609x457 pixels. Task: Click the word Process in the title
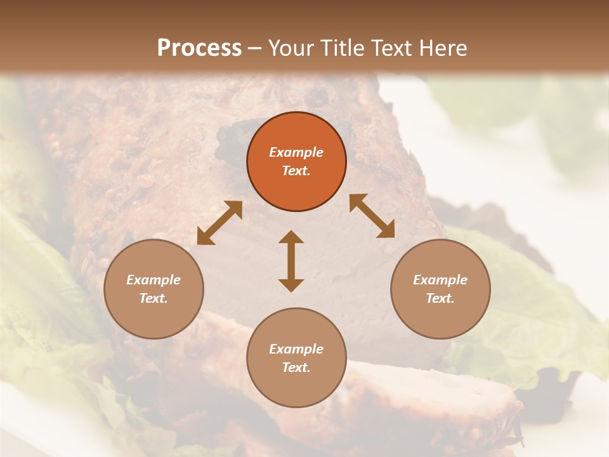point(199,48)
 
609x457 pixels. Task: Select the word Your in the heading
point(292,48)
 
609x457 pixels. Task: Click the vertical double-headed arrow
point(291,261)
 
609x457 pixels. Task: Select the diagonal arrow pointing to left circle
point(219,223)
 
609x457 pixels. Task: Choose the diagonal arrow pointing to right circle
point(372,216)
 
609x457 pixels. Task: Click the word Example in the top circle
point(296,152)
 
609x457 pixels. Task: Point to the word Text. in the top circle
point(296,171)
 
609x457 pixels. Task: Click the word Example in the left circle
point(154,280)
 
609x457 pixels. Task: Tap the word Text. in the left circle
point(154,298)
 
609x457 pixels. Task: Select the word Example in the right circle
point(440,280)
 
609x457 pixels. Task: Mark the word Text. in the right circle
point(440,298)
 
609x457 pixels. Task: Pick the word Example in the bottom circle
point(296,349)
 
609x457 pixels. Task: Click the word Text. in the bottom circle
point(296,368)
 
